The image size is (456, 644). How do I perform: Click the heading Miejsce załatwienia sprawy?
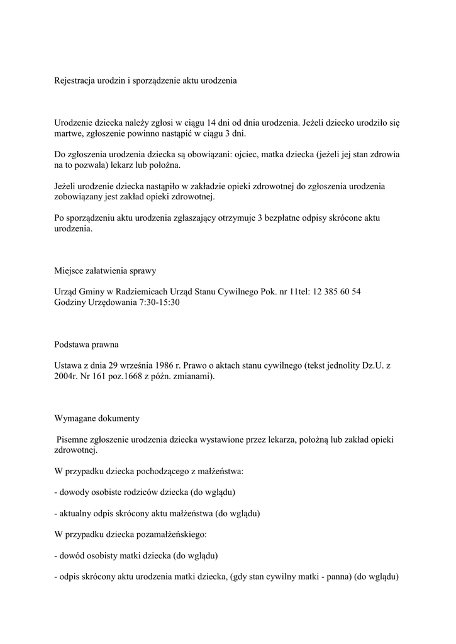pyautogui.click(x=105, y=271)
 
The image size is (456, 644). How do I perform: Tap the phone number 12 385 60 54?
pyautogui.click(x=333, y=292)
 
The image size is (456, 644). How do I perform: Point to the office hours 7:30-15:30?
pyautogui.click(x=160, y=303)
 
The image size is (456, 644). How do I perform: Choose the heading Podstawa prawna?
pyautogui.click(x=86, y=345)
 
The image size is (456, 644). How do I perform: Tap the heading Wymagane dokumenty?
pyautogui.click(x=97, y=418)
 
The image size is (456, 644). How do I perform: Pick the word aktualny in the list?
pyautogui.click(x=76, y=513)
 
